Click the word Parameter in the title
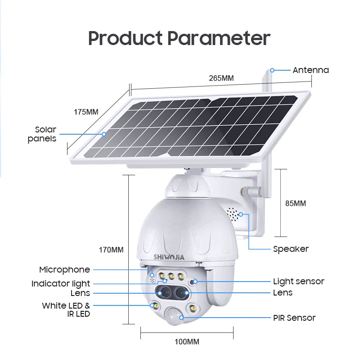219,38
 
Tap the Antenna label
310,70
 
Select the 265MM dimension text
221,78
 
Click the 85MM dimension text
295,203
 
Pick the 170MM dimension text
111,250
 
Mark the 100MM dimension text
187,342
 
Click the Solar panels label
42,134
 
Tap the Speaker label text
291,249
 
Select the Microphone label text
64,270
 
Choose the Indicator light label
61,284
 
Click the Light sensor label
298,282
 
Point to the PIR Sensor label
294,318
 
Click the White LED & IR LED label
66,310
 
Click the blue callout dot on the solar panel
104,134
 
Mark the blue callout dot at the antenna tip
272,70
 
